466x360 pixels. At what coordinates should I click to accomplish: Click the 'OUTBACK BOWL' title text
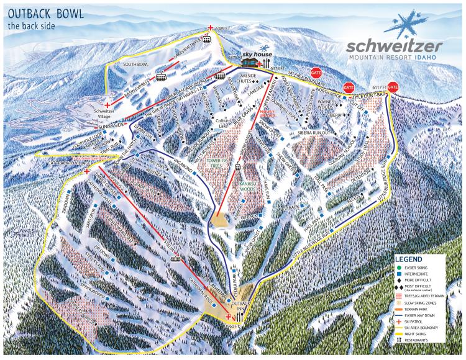point(42,13)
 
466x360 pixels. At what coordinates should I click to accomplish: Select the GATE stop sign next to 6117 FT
point(392,88)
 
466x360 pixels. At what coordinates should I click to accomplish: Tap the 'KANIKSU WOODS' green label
point(244,186)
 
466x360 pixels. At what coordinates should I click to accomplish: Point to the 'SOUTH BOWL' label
point(135,63)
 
